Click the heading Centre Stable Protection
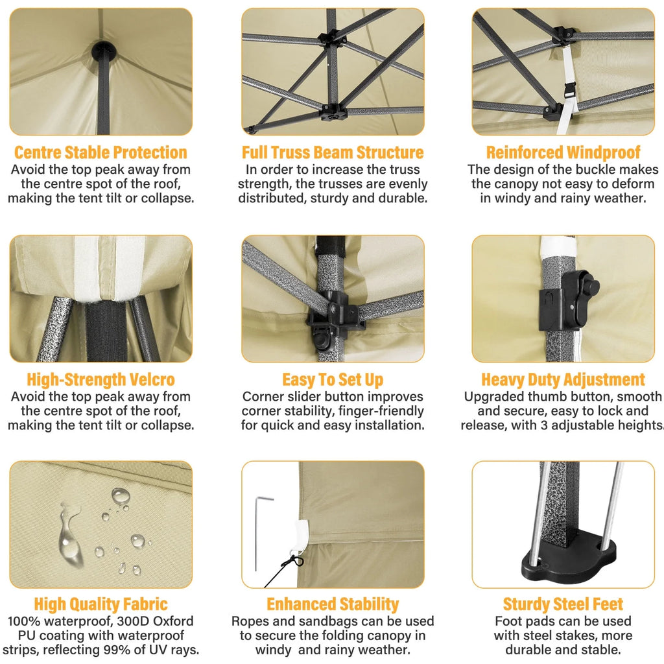click(101, 152)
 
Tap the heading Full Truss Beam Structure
click(333, 152)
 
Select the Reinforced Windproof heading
click(563, 152)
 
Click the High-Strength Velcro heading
click(101, 379)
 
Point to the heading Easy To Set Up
click(333, 379)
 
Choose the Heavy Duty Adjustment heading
click(563, 379)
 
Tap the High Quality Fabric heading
click(101, 604)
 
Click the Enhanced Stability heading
click(333, 604)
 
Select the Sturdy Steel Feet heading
click(563, 604)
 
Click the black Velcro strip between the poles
click(107, 330)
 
